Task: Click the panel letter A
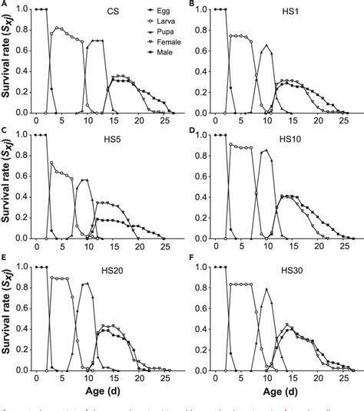click(5, 5)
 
